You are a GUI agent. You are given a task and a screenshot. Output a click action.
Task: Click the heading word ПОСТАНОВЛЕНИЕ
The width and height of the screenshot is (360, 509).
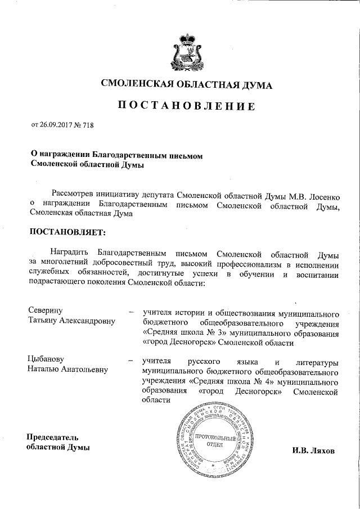pos(181,106)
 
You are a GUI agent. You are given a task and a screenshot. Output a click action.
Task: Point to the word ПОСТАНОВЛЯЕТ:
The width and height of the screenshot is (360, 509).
pos(67,231)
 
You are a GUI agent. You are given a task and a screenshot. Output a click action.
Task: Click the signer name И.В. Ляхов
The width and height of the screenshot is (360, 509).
pos(313,451)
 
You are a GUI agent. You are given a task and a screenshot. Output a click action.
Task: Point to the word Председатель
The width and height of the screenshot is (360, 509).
pos(53,438)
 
